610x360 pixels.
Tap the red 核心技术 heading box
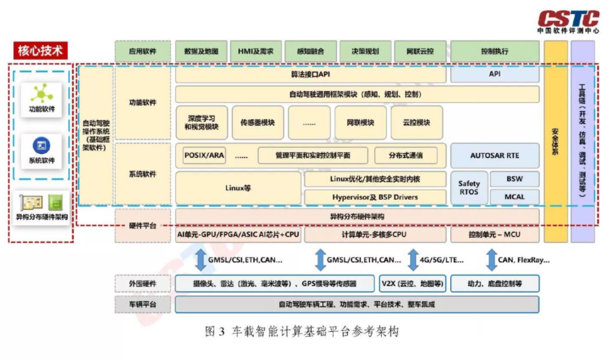click(40, 50)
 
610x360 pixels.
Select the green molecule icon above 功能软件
click(42, 93)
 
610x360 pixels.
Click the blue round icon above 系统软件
click(41, 145)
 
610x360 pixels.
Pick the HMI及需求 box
click(256, 51)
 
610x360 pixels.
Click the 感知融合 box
click(310, 51)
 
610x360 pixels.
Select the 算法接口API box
click(310, 75)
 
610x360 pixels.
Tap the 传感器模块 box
click(257, 123)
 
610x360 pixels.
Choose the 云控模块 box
click(416, 123)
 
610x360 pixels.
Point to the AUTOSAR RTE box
click(494, 156)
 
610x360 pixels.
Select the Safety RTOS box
click(469, 188)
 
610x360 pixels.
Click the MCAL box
click(514, 197)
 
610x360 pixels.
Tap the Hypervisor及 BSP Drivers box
click(375, 197)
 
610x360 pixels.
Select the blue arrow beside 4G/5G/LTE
click(412, 260)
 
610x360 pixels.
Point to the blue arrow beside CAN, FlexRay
click(491, 260)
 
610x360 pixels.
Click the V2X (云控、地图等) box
click(412, 284)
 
